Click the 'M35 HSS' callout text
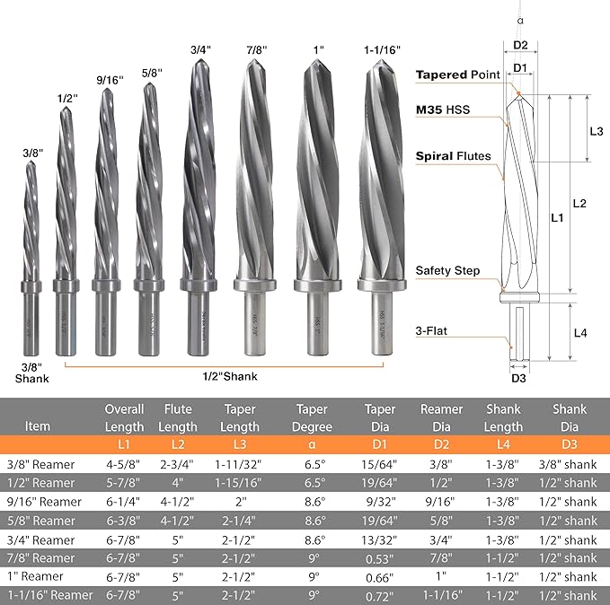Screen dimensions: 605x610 (x=443, y=110)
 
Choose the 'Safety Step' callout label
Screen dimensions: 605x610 (x=447, y=270)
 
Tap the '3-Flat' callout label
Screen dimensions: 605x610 (x=432, y=330)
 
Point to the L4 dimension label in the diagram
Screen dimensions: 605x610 (x=580, y=333)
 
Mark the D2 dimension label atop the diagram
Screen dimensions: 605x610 (x=520, y=44)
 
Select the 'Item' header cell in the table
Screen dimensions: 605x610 (x=38, y=425)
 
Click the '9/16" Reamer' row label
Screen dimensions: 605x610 (x=44, y=502)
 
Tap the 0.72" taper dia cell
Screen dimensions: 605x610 (x=381, y=595)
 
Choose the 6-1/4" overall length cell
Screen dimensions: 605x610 (x=124, y=502)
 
